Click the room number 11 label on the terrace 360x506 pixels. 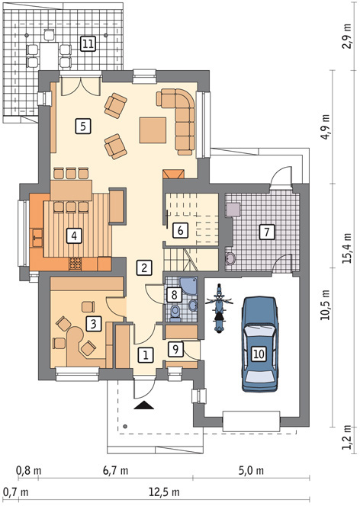[88, 43]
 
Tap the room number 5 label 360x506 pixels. [83, 126]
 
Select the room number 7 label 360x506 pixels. [267, 232]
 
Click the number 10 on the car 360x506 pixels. [259, 354]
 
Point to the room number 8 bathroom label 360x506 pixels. [174, 295]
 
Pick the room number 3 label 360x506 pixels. [94, 324]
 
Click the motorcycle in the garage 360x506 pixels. [219, 309]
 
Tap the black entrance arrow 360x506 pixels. [143, 405]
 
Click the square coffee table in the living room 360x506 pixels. [153, 130]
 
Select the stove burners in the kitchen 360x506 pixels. [75, 264]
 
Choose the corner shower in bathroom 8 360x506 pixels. [188, 287]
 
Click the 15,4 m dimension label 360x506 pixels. [348, 248]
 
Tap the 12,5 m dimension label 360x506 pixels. [164, 492]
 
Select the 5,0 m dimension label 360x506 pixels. [251, 470]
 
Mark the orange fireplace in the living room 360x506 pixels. [173, 174]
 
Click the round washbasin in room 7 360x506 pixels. [230, 258]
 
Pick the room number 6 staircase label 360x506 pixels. [180, 231]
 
